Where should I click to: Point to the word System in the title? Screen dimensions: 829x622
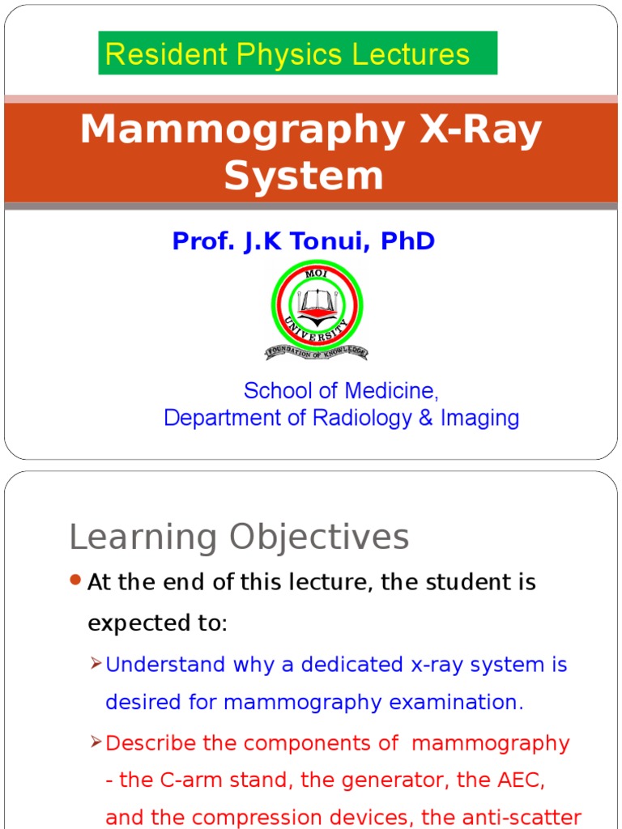pyautogui.click(x=304, y=175)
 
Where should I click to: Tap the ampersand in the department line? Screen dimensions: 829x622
pyautogui.click(x=424, y=418)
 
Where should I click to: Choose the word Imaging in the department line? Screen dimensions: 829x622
pyautogui.click(x=479, y=418)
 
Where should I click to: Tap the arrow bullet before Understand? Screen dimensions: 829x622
pyautogui.click(x=96, y=664)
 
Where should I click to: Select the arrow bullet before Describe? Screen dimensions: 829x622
pyautogui.click(x=96, y=742)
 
